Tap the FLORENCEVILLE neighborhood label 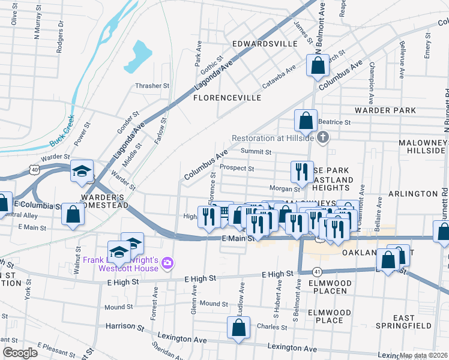point(227,97)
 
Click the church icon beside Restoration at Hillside point(323,137)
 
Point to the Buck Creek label point(62,130)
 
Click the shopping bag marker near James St point(318,65)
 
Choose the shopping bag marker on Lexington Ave point(238,328)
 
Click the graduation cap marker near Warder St point(82,172)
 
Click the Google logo point(20,353)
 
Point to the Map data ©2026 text point(424,355)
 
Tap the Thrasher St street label point(152,86)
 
